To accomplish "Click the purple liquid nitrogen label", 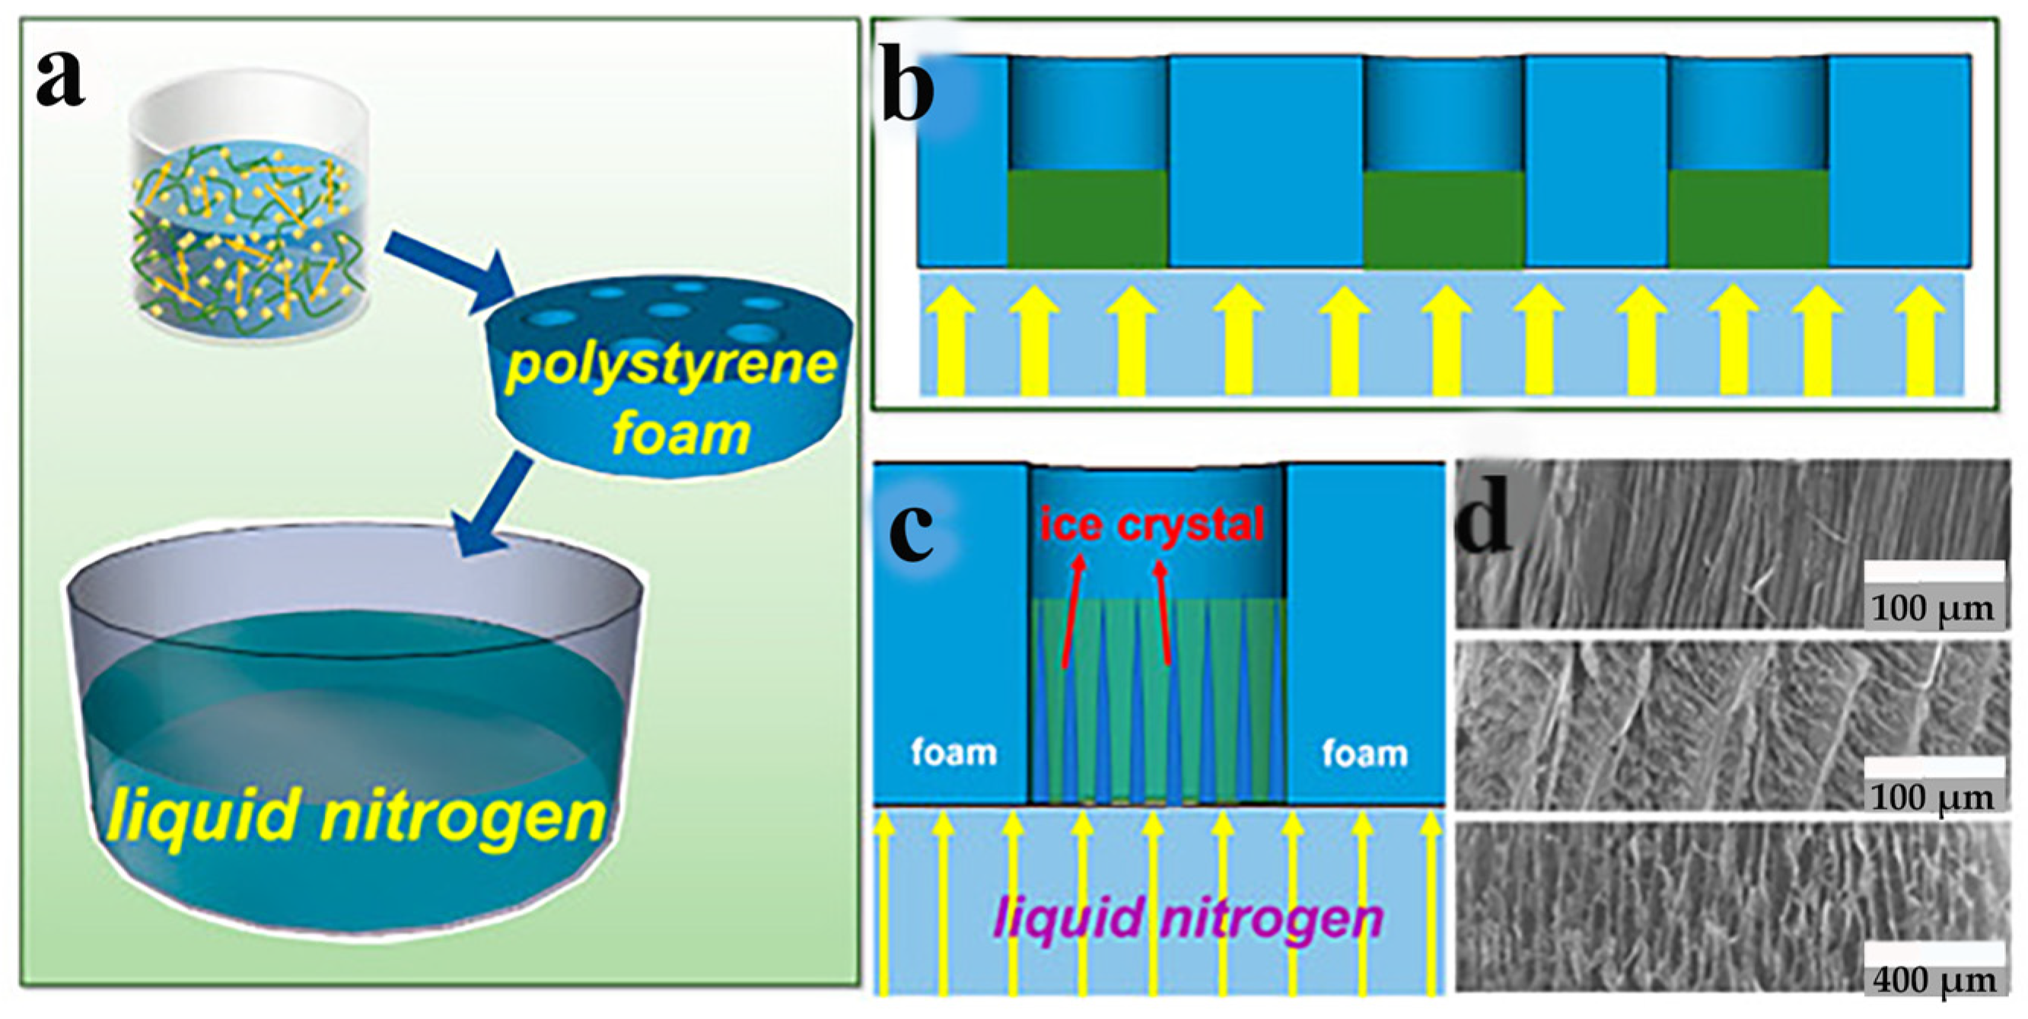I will (x=1188, y=919).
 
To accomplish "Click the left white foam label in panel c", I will (x=954, y=753).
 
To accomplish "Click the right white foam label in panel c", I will (x=1364, y=753).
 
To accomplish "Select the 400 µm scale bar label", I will (x=1934, y=980).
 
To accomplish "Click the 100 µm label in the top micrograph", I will (x=1934, y=609).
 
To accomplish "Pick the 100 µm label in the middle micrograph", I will (x=1934, y=798).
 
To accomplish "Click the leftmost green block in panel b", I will (x=1087, y=218).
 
